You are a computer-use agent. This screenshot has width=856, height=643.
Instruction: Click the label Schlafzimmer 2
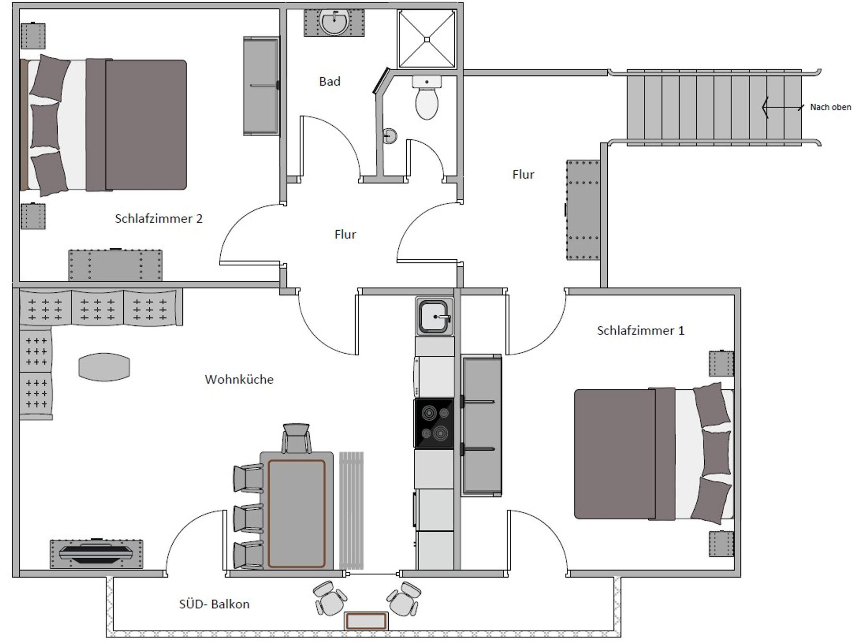tap(158, 219)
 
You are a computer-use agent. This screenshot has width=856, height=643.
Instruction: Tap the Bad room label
tap(330, 81)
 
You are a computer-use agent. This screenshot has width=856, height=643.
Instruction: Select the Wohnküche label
tap(239, 379)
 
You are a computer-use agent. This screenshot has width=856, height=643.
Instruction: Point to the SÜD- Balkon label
tap(214, 604)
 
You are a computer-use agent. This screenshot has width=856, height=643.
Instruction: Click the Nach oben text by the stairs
tap(831, 107)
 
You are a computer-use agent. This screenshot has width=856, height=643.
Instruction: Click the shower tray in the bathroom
tap(427, 39)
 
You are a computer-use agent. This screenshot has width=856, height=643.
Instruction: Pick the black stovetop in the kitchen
tap(434, 424)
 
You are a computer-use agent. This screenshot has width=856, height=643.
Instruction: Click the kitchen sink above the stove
tap(435, 316)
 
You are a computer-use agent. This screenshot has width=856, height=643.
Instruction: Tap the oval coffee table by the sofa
tap(104, 367)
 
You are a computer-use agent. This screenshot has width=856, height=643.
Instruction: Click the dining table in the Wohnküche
tap(297, 510)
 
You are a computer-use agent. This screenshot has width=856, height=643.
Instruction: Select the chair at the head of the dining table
tap(296, 438)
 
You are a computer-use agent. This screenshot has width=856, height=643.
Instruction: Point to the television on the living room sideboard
tap(96, 553)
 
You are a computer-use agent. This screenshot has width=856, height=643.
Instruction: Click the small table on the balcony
tap(366, 621)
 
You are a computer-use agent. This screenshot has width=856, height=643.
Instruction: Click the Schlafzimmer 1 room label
tap(641, 331)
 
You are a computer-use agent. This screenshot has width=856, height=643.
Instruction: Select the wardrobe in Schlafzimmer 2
tap(262, 86)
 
